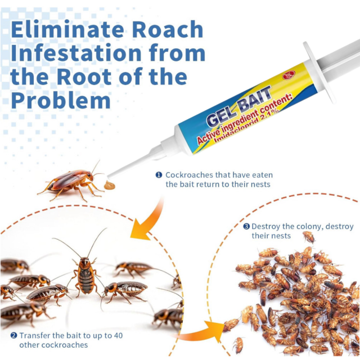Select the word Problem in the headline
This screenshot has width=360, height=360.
pyautogui.click(x=61, y=100)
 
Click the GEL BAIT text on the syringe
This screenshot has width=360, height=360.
pyautogui.click(x=238, y=107)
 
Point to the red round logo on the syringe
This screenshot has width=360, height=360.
pyautogui.click(x=289, y=75)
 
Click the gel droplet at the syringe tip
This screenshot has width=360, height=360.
pyautogui.click(x=109, y=185)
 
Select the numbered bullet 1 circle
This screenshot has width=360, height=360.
pyautogui.click(x=159, y=175)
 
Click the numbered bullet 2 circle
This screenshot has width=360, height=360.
pyautogui.click(x=13, y=335)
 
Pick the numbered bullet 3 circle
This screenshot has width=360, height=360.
pyautogui.click(x=246, y=226)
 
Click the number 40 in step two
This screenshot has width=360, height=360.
pyautogui.click(x=118, y=335)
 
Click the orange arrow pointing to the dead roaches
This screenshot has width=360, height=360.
pyautogui.click(x=202, y=331)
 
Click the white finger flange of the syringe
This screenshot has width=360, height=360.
pyautogui.click(x=319, y=72)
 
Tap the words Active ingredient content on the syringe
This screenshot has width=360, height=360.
pyautogui.click(x=245, y=119)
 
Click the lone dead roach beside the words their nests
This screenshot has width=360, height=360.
pyautogui.click(x=309, y=237)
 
